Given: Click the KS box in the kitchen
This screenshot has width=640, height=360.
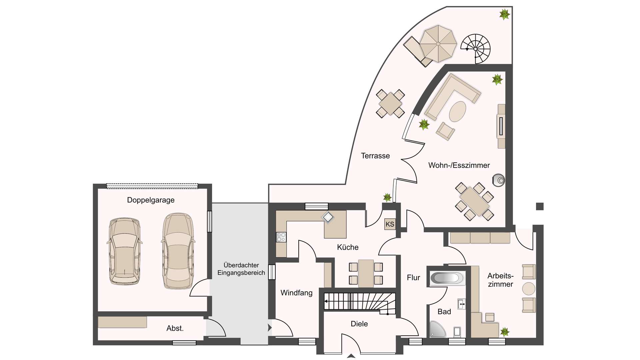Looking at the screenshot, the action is pos(390,224).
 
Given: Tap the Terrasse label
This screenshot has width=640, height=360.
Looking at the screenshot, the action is pos(375,156).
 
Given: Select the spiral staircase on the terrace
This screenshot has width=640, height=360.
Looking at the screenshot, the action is pos(476,49).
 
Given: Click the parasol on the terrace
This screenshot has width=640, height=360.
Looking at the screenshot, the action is pos(438,44).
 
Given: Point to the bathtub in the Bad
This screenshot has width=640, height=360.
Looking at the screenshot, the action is pos(447,278).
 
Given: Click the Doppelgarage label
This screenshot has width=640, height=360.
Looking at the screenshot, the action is pos(151,200).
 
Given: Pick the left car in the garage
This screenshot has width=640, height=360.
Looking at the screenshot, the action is pos(125,251).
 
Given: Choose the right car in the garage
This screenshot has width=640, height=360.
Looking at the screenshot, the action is pos(178,251).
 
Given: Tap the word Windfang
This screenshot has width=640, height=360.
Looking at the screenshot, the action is pos(296,293).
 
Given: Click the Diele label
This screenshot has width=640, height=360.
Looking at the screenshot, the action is pos(359,324).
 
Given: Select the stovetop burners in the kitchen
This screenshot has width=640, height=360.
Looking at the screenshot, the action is pos(281,237).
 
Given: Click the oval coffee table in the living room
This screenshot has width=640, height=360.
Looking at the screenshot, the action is pos(457,112).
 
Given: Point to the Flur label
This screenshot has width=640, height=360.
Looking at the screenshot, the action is pos(413,278).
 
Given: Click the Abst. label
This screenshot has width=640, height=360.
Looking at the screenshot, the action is pos(175,328).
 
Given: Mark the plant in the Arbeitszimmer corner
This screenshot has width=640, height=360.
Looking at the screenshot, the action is pos(505,332).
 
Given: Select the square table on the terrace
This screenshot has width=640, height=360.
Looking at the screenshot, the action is pos(390,103).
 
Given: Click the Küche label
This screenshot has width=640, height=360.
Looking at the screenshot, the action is pos(348,247).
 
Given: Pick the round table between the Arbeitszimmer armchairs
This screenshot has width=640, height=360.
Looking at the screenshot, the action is pos(529,289).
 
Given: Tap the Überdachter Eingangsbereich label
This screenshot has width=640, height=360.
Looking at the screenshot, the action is pos(241,269).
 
